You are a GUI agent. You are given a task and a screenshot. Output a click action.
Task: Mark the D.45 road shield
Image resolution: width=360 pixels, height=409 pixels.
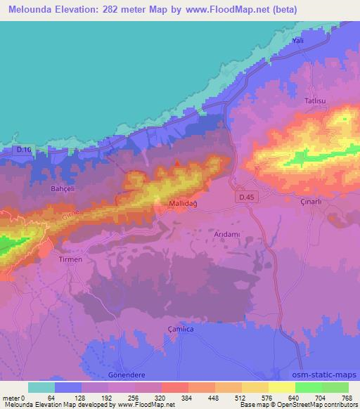pos(243,200)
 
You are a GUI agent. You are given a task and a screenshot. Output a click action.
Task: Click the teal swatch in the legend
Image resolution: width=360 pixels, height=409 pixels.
pos(41,387)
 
